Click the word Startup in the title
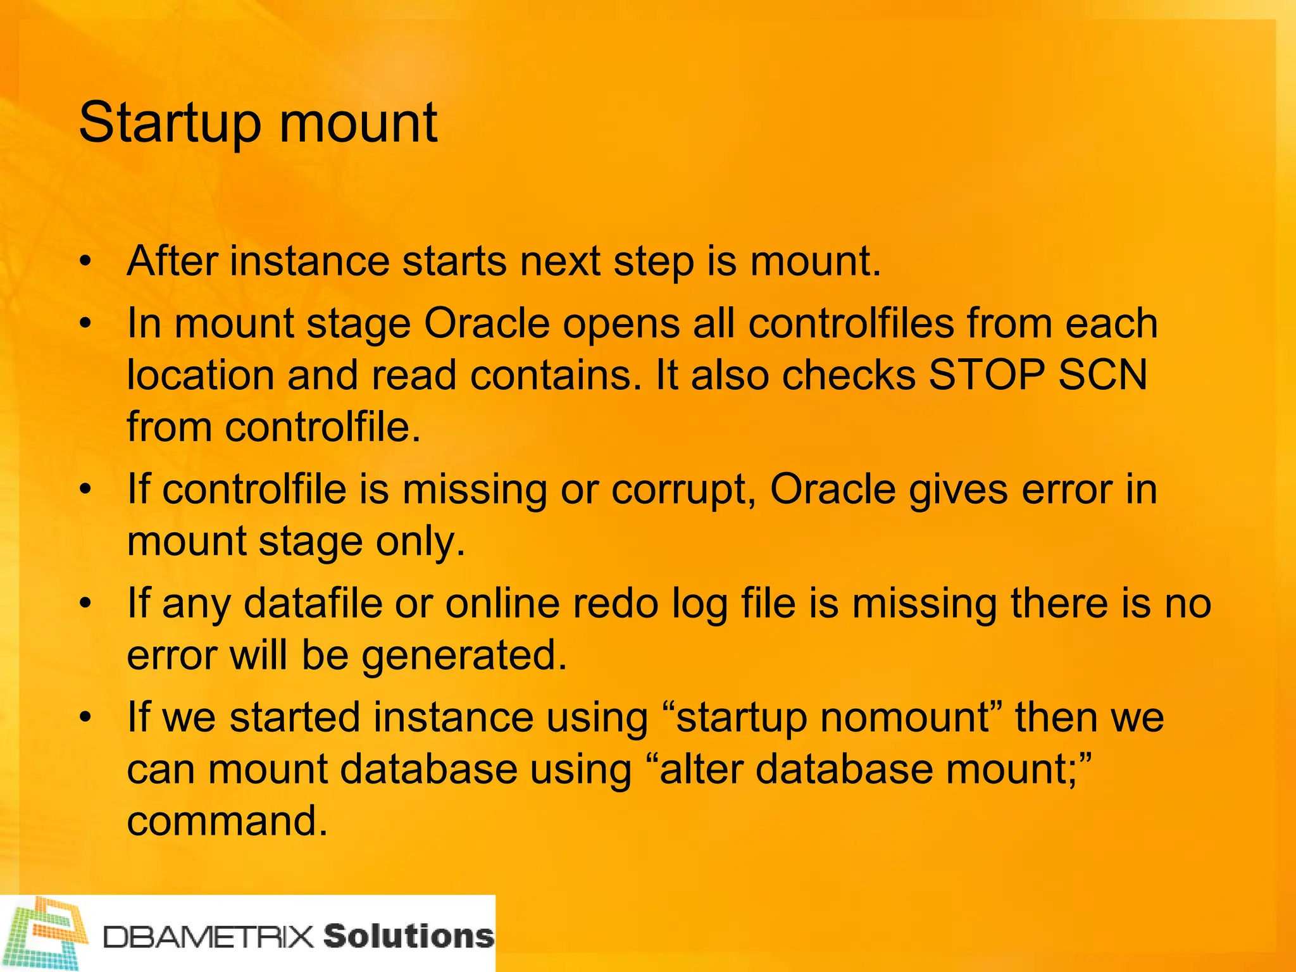tap(170, 123)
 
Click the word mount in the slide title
tap(358, 123)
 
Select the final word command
tap(227, 821)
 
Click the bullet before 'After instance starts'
tap(86, 261)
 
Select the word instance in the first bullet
tap(310, 261)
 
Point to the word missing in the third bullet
tap(475, 490)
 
